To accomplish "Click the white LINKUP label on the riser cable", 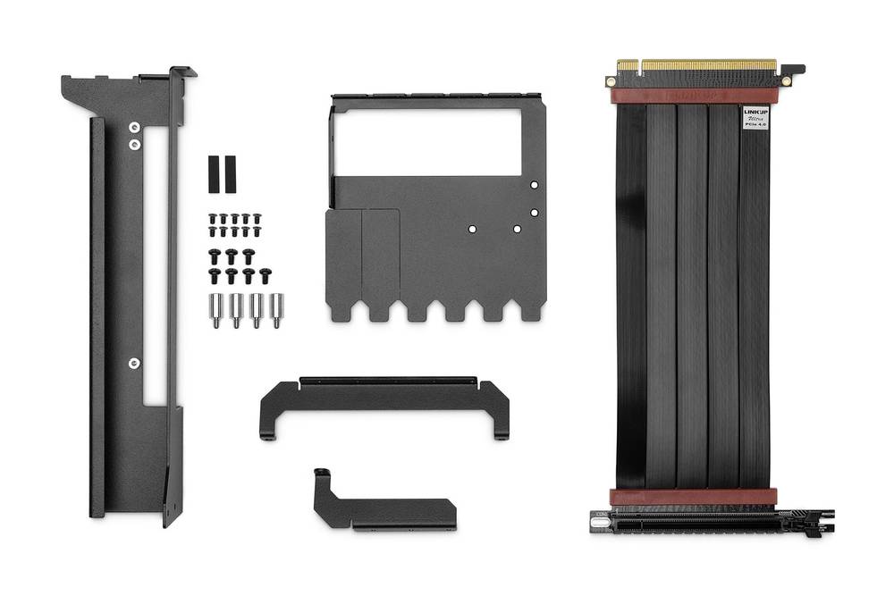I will pos(755,119).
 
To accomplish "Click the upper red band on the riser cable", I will pos(693,95).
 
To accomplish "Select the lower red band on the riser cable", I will pos(693,498).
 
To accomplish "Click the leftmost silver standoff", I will pos(216,310).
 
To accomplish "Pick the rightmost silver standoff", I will pos(277,310).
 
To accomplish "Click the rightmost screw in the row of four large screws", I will pos(266,275).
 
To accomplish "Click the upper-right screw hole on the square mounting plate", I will pos(534,185).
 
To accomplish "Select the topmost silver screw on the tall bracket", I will pos(134,128).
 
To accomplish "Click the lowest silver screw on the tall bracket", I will pos(134,363).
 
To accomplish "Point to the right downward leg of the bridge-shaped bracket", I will pos(501,420).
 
